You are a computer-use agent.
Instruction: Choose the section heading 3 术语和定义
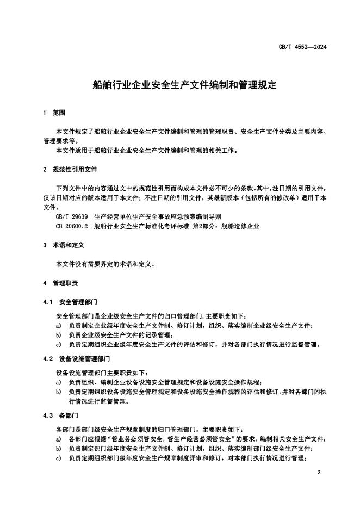(x=64, y=245)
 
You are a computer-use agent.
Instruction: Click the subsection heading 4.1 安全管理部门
(x=70, y=301)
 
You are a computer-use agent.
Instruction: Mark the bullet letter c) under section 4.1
(x=58, y=344)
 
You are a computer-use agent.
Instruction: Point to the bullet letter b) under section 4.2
(x=58, y=392)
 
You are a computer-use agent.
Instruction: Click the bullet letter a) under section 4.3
(x=58, y=439)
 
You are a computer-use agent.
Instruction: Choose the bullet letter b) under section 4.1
(x=58, y=335)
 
